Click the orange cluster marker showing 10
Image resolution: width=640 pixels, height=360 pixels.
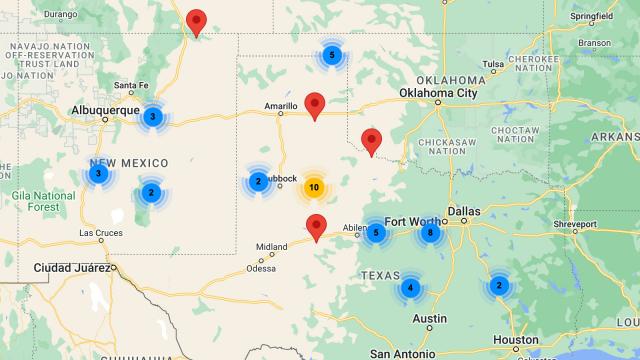314,187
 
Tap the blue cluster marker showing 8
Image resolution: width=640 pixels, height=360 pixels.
430,233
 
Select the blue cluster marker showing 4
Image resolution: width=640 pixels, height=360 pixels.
409,288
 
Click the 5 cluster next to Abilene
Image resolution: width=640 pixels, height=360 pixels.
376,233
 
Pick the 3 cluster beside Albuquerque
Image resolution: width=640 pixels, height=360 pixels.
152,117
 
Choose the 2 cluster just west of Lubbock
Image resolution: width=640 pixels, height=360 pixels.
258,182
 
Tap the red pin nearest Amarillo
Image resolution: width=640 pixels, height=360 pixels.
316,104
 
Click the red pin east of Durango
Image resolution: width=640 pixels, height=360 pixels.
197,21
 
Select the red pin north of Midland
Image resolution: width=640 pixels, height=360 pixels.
317,227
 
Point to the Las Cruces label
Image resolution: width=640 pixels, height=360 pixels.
100,234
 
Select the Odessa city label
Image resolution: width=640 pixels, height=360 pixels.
262,268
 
